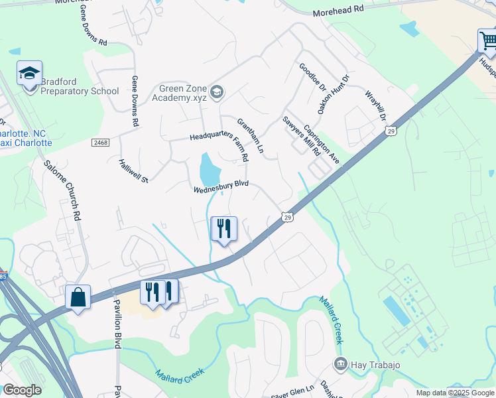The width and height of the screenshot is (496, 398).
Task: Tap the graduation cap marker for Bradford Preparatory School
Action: [x=30, y=73]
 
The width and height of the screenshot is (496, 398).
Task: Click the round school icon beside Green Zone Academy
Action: [x=216, y=91]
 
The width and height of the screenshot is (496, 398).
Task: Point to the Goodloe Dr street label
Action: [x=312, y=78]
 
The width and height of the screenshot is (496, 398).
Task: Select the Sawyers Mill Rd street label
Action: [x=302, y=135]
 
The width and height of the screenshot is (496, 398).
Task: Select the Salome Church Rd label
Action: [x=62, y=190]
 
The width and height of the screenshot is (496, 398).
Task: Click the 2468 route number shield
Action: [x=99, y=143]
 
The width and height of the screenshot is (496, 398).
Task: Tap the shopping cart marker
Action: [x=487, y=40]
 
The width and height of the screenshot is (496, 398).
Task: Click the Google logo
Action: [x=22, y=390]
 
